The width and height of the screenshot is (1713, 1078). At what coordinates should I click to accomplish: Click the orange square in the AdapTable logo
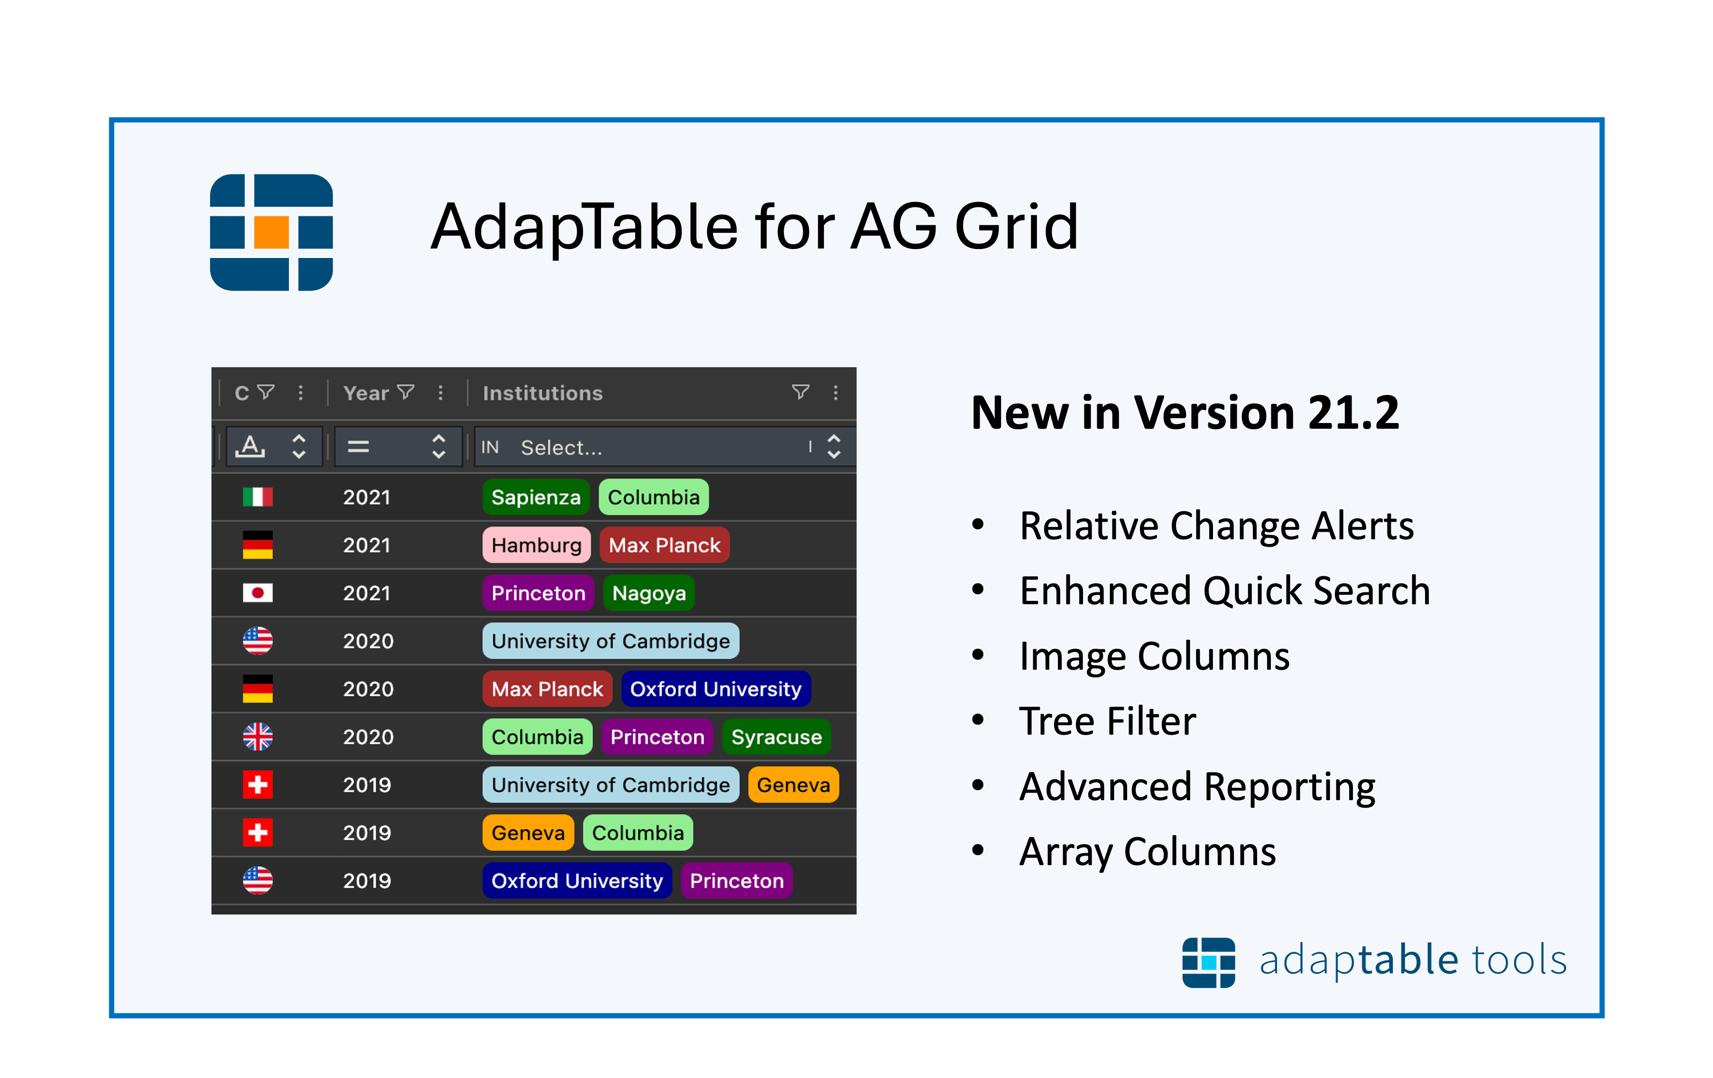click(x=271, y=232)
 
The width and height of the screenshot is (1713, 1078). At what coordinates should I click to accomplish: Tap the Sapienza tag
click(x=536, y=497)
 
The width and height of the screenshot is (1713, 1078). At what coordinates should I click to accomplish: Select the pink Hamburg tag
click(x=537, y=544)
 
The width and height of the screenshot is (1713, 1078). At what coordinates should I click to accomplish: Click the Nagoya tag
click(x=649, y=593)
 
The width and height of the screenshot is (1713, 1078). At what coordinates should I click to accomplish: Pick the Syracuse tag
click(x=776, y=737)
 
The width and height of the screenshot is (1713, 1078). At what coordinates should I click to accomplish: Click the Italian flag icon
click(x=258, y=497)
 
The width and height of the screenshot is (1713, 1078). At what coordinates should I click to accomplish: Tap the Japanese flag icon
click(x=258, y=592)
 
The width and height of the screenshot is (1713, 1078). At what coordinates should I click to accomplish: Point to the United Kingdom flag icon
click(x=258, y=737)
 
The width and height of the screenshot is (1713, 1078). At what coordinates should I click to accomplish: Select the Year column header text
click(x=366, y=393)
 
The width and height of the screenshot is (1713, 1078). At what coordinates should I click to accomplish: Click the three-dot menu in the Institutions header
click(x=835, y=393)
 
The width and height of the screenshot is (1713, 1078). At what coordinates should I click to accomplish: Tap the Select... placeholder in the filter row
click(x=561, y=447)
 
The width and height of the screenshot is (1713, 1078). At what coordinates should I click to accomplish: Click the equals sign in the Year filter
click(x=358, y=447)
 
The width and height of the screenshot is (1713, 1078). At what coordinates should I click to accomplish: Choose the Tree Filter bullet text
click(x=1107, y=721)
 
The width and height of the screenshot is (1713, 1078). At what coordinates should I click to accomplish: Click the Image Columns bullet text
click(x=1154, y=655)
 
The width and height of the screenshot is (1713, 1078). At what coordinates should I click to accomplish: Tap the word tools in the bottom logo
click(x=1519, y=959)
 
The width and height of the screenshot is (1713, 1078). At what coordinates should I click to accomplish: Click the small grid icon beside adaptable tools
click(x=1209, y=962)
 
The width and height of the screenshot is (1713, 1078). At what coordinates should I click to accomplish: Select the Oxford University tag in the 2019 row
click(x=577, y=880)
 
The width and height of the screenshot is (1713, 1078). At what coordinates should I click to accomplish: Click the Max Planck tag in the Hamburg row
click(x=665, y=544)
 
